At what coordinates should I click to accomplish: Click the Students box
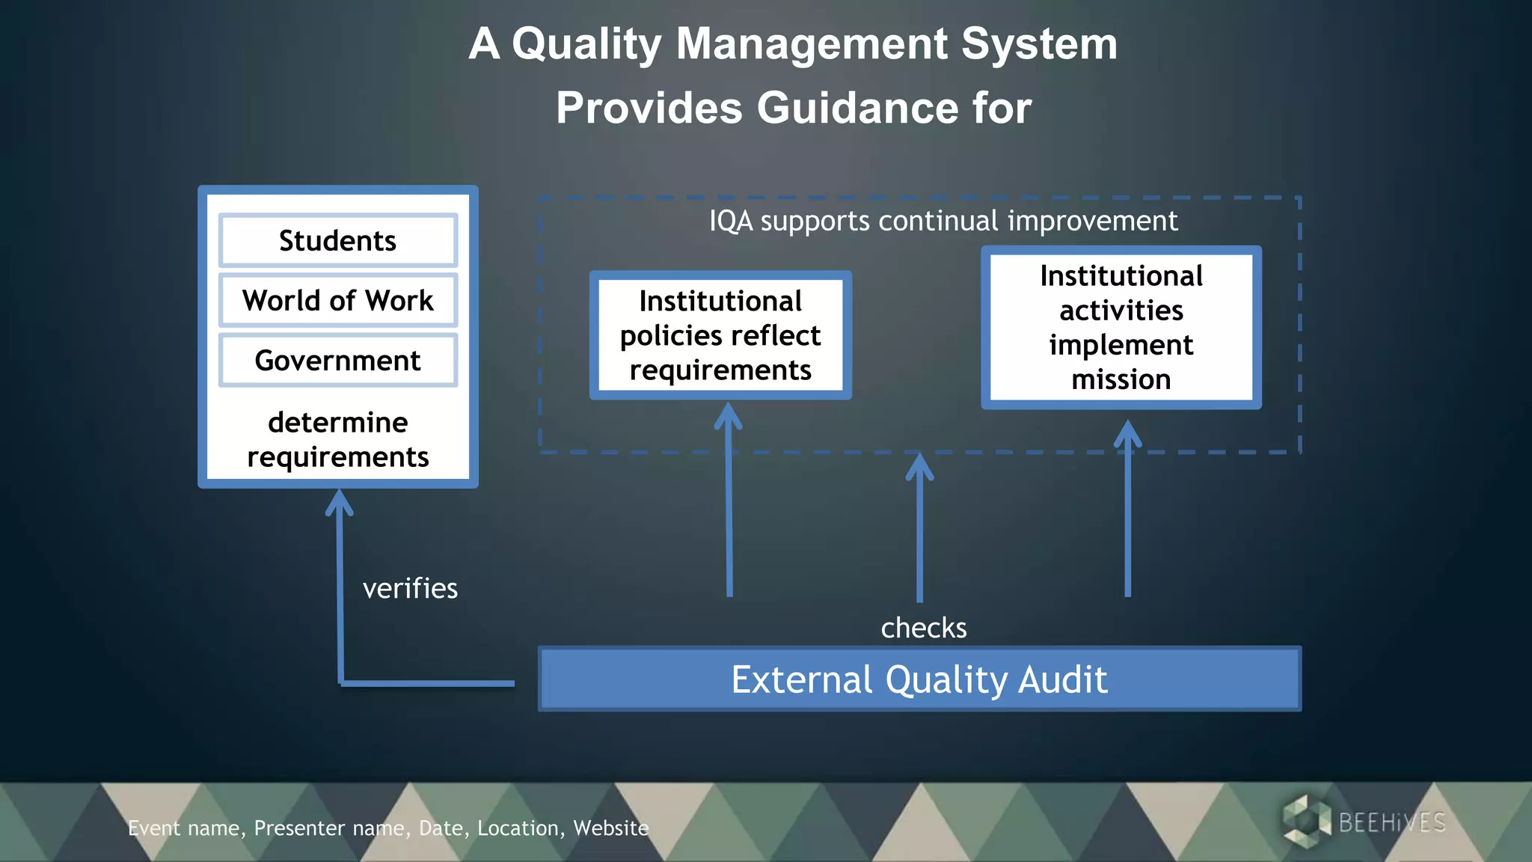pos(337,241)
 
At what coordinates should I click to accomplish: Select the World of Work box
pos(337,301)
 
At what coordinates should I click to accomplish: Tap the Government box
pos(337,361)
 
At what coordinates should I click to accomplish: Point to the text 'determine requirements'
pos(337,440)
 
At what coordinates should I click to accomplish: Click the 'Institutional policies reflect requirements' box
pos(720,335)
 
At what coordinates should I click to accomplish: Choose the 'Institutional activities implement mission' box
pos(1121,328)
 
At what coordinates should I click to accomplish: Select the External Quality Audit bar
pos(919,679)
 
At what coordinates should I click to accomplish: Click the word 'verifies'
pos(410,589)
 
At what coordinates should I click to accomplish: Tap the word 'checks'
pos(923,628)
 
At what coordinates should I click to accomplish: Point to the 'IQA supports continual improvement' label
pos(943,221)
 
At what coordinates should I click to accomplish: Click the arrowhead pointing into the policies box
pos(729,415)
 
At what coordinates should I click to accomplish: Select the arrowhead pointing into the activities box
pos(1127,433)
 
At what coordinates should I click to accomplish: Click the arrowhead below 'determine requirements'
pos(340,502)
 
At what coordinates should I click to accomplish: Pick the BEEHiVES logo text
pos(1391,823)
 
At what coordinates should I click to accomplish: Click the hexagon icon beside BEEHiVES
pos(1305,822)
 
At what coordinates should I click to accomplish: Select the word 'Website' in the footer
pos(610,828)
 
